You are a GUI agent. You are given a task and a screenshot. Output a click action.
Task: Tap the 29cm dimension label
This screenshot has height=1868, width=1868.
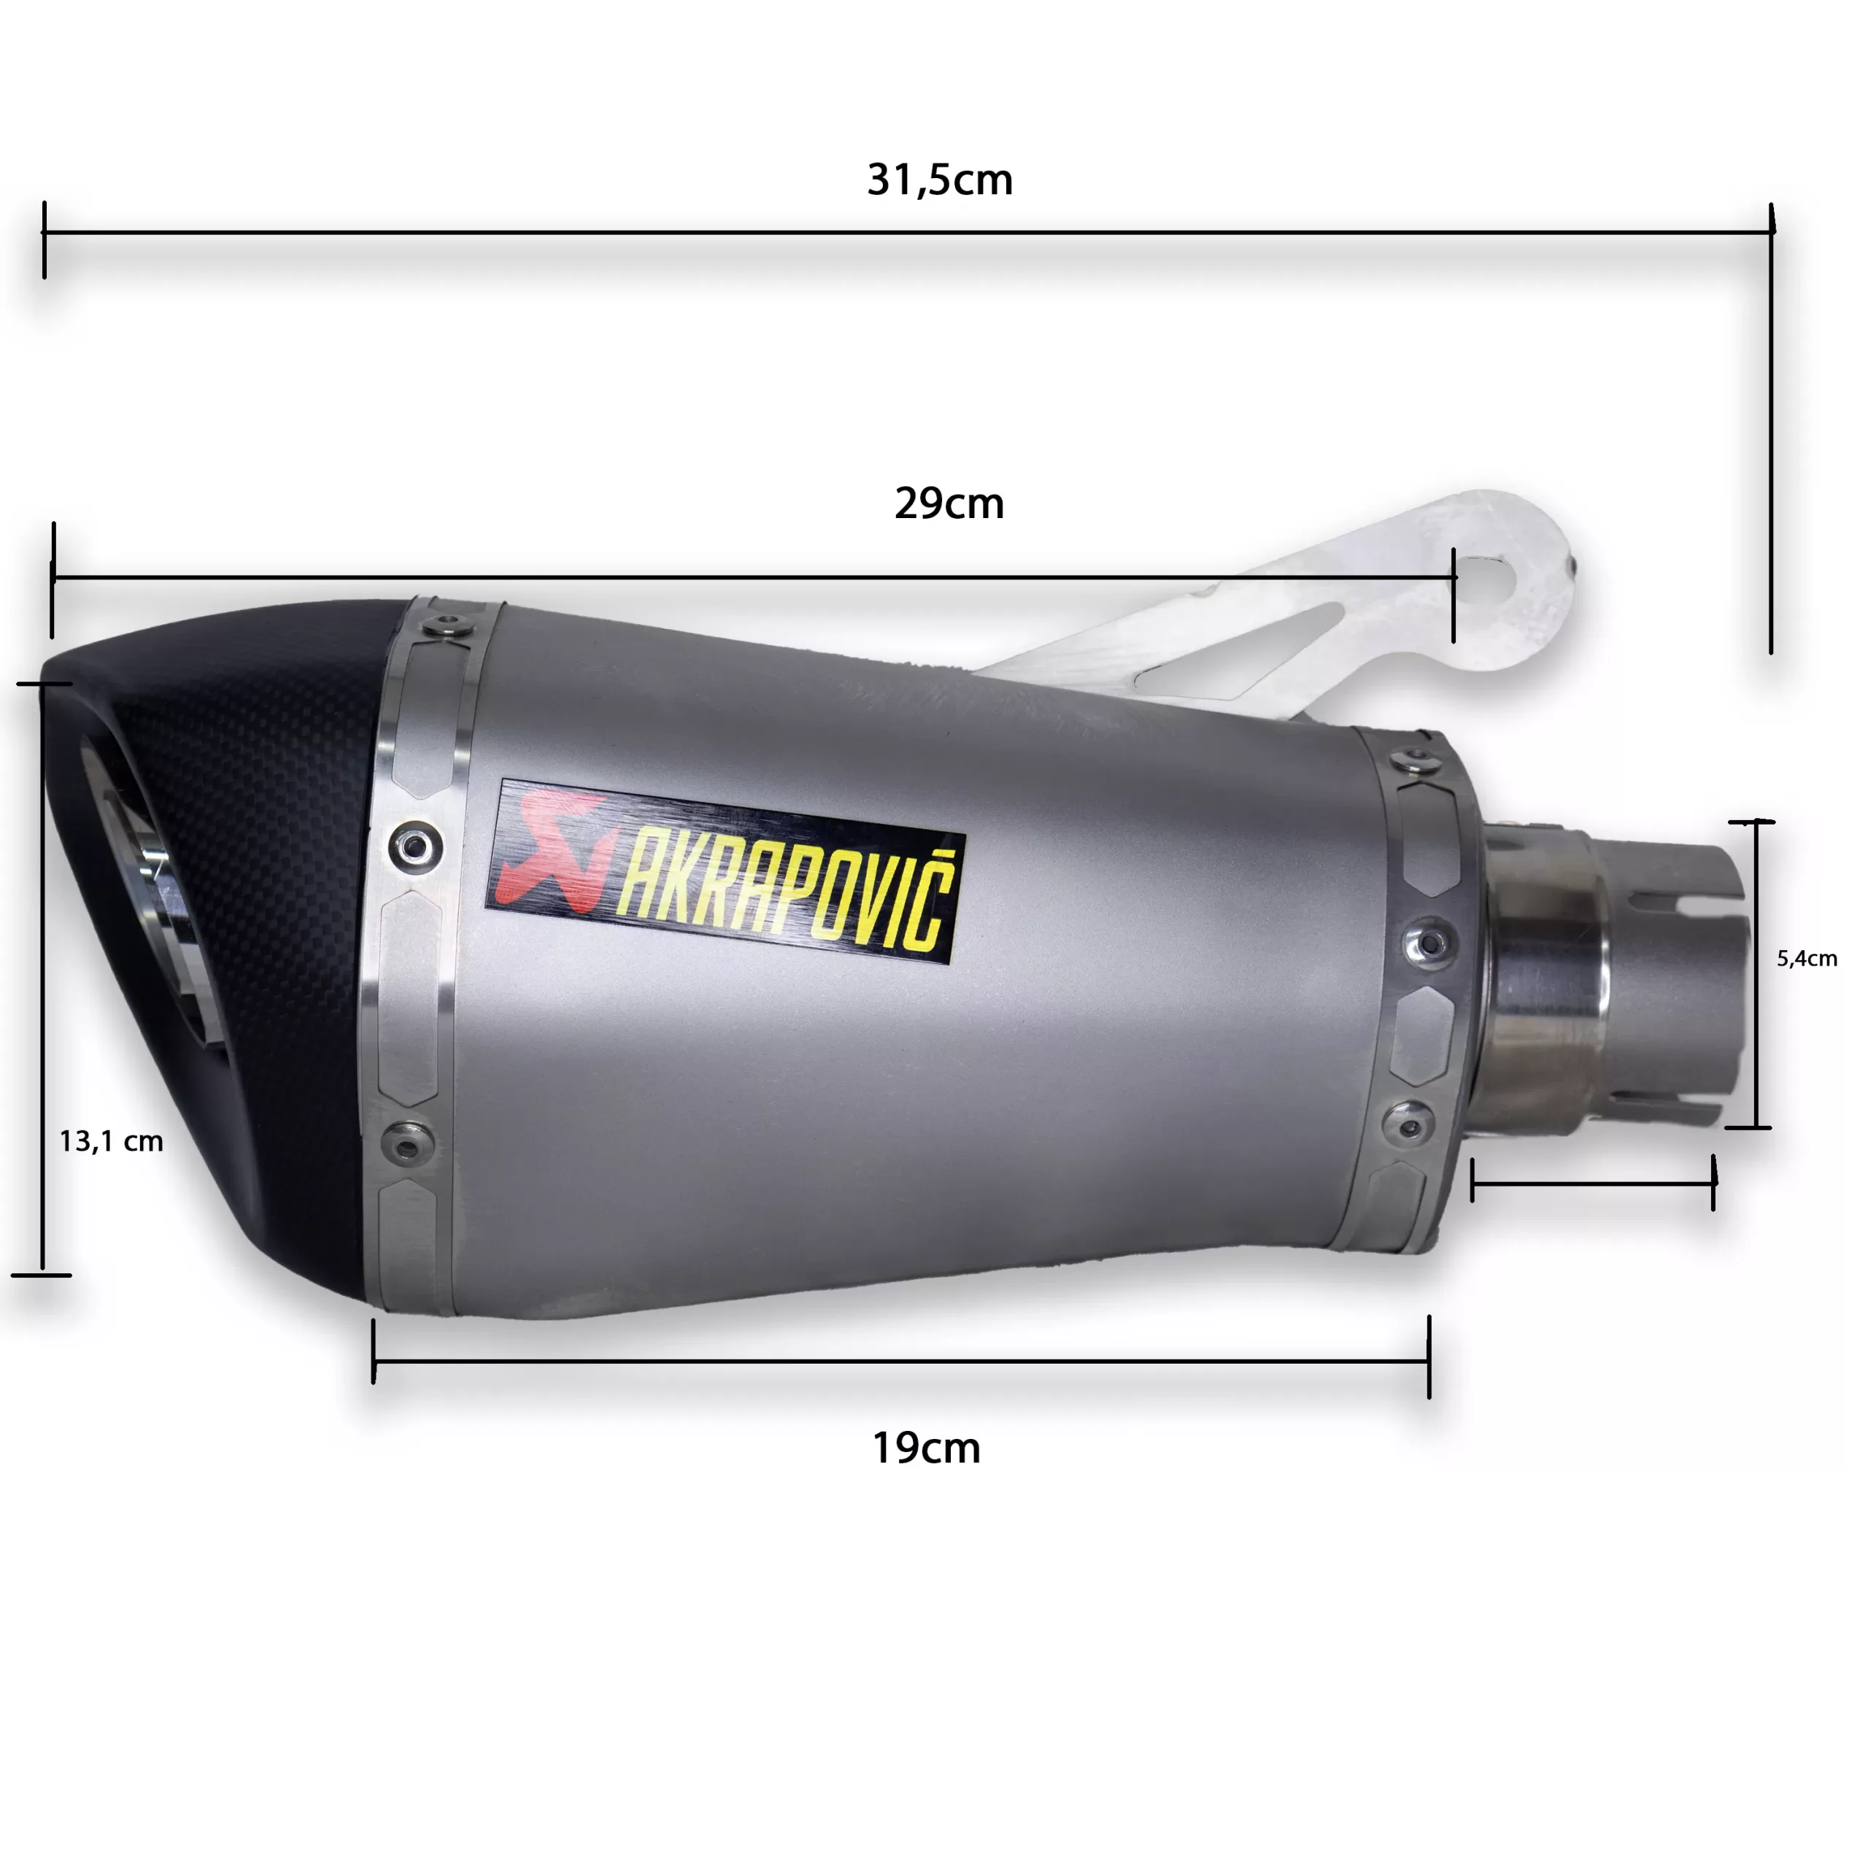[949, 503]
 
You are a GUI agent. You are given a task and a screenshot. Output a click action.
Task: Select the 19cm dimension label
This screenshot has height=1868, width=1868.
[926, 1448]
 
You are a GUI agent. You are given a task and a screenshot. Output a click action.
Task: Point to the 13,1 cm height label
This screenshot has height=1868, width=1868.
[111, 1142]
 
